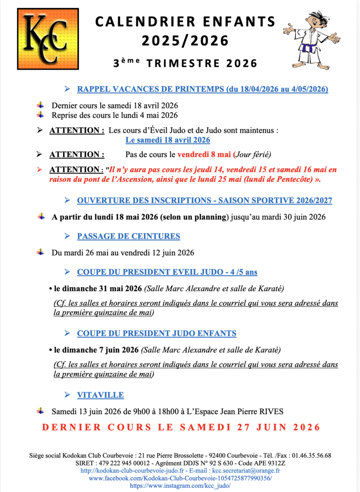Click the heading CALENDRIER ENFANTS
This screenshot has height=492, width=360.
pyautogui.click(x=185, y=21)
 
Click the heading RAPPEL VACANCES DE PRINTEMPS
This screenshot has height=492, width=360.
pyautogui.click(x=202, y=89)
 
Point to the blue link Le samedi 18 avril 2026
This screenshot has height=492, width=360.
pyautogui.click(x=168, y=140)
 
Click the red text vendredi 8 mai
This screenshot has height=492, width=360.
pyautogui.click(x=205, y=154)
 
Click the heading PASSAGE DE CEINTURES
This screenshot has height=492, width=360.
pyautogui.click(x=129, y=236)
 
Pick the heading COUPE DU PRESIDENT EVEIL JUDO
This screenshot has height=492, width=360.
pyautogui.click(x=167, y=272)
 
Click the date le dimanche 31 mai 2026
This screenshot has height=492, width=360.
pyautogui.click(x=98, y=288)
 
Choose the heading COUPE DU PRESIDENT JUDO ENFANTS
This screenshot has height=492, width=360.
pyautogui.click(x=157, y=333)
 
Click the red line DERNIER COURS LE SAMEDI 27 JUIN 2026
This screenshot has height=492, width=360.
pyautogui.click(x=181, y=427)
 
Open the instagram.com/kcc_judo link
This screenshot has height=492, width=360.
pyautogui.click(x=180, y=486)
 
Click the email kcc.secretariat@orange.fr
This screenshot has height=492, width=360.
pyautogui.click(x=246, y=471)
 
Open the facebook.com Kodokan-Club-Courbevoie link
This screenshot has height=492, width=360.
pyautogui.click(x=180, y=478)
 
